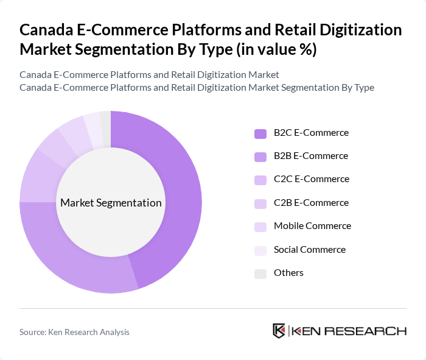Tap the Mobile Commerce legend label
tap(312, 226)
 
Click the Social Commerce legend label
tap(310, 250)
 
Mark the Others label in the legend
tap(288, 273)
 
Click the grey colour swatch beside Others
tap(260, 274)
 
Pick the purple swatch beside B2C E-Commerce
tap(260, 133)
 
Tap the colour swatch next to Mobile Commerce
tap(260, 227)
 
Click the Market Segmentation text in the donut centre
tap(111, 203)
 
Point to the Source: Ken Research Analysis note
tap(74, 332)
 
